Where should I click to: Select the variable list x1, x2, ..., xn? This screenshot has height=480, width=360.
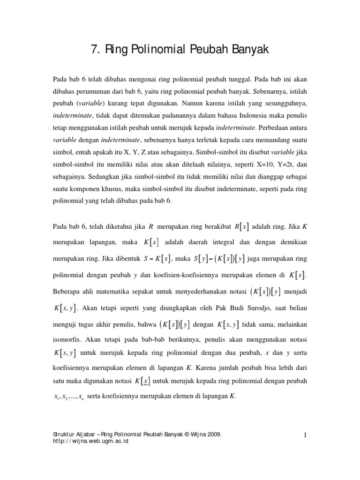[68, 397]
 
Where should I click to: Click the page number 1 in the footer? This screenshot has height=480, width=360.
[305, 435]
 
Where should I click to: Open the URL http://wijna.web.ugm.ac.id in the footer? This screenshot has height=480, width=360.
[92, 441]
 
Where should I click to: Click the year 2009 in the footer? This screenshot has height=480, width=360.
[212, 435]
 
